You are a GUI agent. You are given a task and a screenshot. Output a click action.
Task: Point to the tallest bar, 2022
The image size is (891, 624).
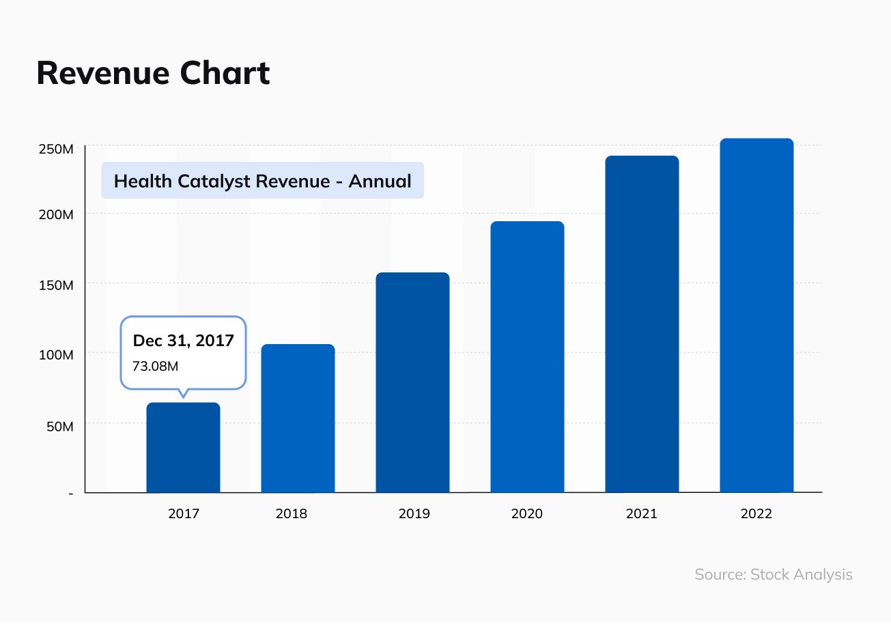756,315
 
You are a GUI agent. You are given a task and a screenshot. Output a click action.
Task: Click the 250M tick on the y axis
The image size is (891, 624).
57,149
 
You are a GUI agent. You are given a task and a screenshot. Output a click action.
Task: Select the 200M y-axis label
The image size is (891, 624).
57,214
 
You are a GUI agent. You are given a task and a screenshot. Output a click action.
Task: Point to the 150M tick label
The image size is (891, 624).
57,285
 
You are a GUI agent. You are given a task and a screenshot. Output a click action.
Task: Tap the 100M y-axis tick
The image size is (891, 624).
57,355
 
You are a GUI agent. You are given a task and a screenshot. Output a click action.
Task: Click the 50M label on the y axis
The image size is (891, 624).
59,426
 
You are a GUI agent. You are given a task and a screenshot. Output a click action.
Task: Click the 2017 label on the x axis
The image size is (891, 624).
183,513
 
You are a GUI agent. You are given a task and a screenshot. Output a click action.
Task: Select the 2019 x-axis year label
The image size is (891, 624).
414,513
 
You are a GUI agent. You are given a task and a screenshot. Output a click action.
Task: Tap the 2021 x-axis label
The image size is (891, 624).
641,513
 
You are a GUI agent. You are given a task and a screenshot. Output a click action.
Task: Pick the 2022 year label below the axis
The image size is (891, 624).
756,513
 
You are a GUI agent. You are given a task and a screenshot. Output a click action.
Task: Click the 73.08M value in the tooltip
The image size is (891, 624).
155,366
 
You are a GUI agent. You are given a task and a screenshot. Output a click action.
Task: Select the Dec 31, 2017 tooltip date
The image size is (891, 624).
183,341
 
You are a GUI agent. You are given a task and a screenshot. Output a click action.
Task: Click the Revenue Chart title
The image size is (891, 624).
153,73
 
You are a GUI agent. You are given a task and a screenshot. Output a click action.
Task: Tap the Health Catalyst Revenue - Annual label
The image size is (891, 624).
262,181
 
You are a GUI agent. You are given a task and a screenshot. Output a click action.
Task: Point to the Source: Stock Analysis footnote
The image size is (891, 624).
774,574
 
